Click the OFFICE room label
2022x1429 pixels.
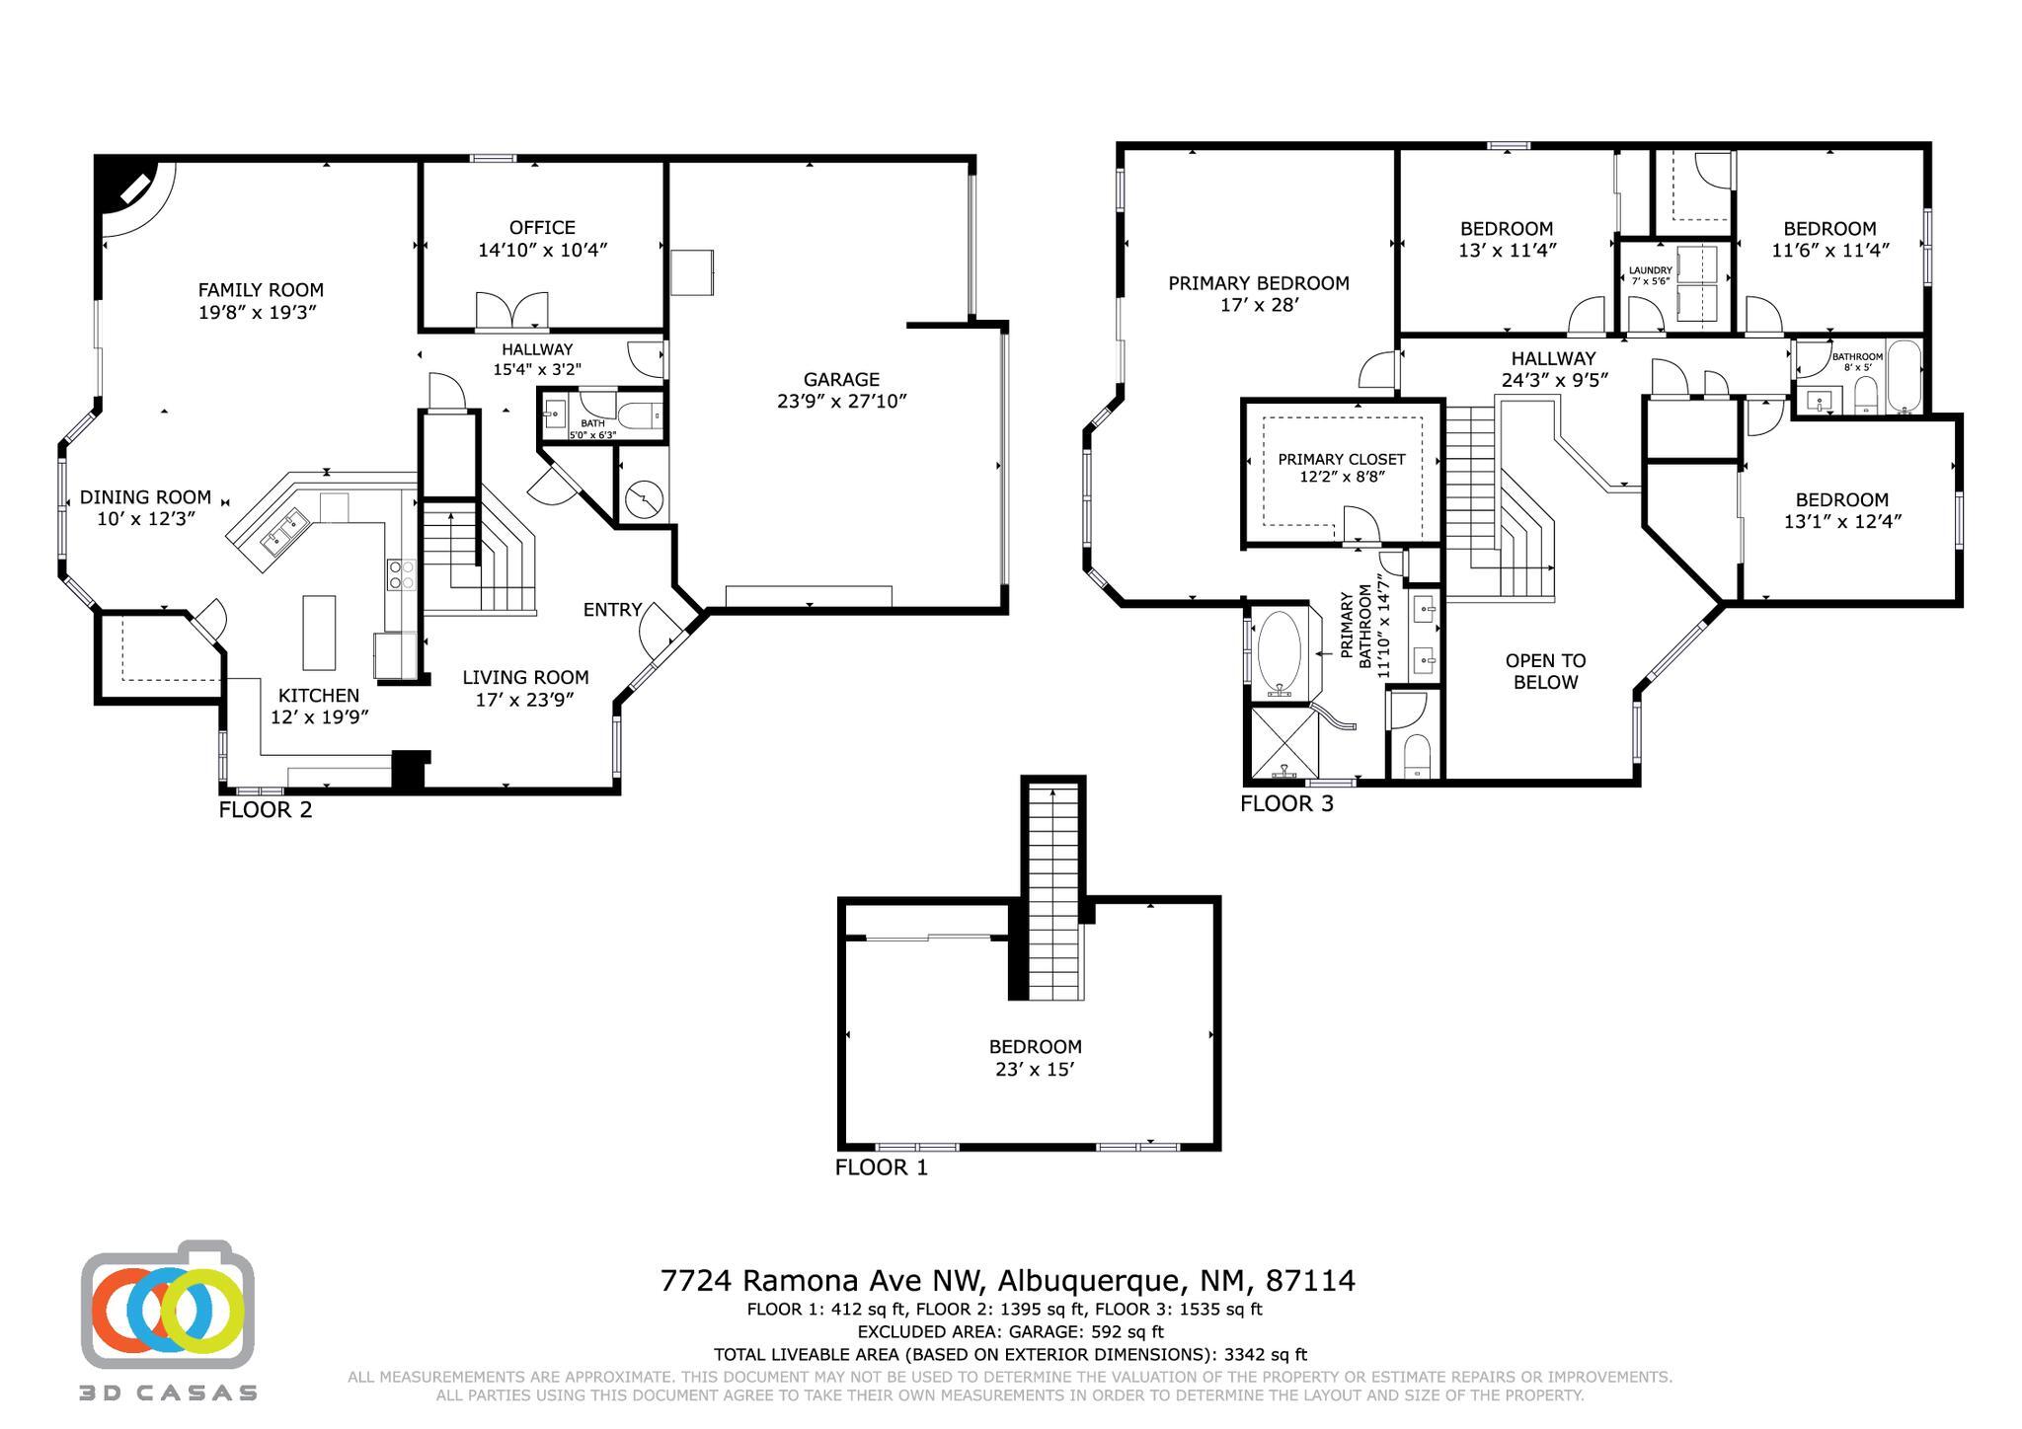pyautogui.click(x=542, y=227)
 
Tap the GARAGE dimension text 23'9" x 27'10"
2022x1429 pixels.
pyautogui.click(x=841, y=402)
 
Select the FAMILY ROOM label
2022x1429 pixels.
pyautogui.click(x=261, y=289)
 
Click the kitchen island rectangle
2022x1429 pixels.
pyautogui.click(x=319, y=633)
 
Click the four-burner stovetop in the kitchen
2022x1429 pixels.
pyautogui.click(x=401, y=574)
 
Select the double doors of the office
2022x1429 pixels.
pyautogui.click(x=511, y=311)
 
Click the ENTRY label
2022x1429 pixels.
pyautogui.click(x=612, y=610)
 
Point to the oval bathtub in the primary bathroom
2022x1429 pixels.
pyautogui.click(x=1281, y=650)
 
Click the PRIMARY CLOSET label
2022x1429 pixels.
pyautogui.click(x=1341, y=459)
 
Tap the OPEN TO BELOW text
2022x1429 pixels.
pyautogui.click(x=1545, y=671)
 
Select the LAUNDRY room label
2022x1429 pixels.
pyautogui.click(x=1650, y=270)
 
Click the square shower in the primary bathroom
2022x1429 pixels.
pyautogui.click(x=1284, y=741)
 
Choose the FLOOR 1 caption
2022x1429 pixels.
pyautogui.click(x=881, y=1167)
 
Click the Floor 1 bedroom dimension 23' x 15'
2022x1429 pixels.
pyautogui.click(x=1035, y=1070)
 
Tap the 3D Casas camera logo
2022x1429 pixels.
pyautogui.click(x=168, y=1305)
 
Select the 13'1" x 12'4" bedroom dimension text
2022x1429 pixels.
pyautogui.click(x=1841, y=521)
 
